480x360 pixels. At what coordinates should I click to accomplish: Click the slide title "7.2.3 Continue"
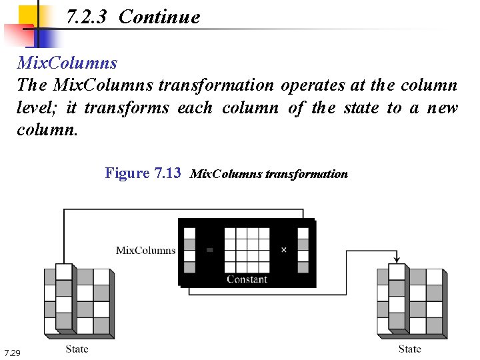(x=133, y=17)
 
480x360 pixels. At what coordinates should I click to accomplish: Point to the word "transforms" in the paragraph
(x=127, y=108)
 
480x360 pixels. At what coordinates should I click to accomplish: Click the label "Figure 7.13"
(x=143, y=173)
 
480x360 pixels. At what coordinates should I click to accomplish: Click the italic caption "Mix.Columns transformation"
(x=269, y=174)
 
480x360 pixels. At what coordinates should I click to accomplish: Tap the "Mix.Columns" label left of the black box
(x=146, y=251)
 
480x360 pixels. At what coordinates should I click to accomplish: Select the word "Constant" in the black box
(x=247, y=279)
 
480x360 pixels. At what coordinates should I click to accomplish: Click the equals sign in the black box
(x=210, y=250)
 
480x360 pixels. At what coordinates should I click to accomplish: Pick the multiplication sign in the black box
(x=283, y=250)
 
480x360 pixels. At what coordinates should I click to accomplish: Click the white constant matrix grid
(x=247, y=250)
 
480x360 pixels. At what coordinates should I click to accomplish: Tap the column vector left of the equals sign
(x=190, y=250)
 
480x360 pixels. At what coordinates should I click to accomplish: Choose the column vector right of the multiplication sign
(x=303, y=250)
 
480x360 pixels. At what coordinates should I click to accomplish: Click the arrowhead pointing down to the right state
(x=397, y=259)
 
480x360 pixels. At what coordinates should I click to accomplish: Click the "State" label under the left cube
(x=77, y=349)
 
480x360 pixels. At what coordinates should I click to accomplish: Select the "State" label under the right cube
(x=410, y=349)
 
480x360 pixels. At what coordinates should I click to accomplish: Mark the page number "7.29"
(x=12, y=352)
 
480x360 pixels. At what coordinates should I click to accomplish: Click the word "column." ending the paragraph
(x=47, y=130)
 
